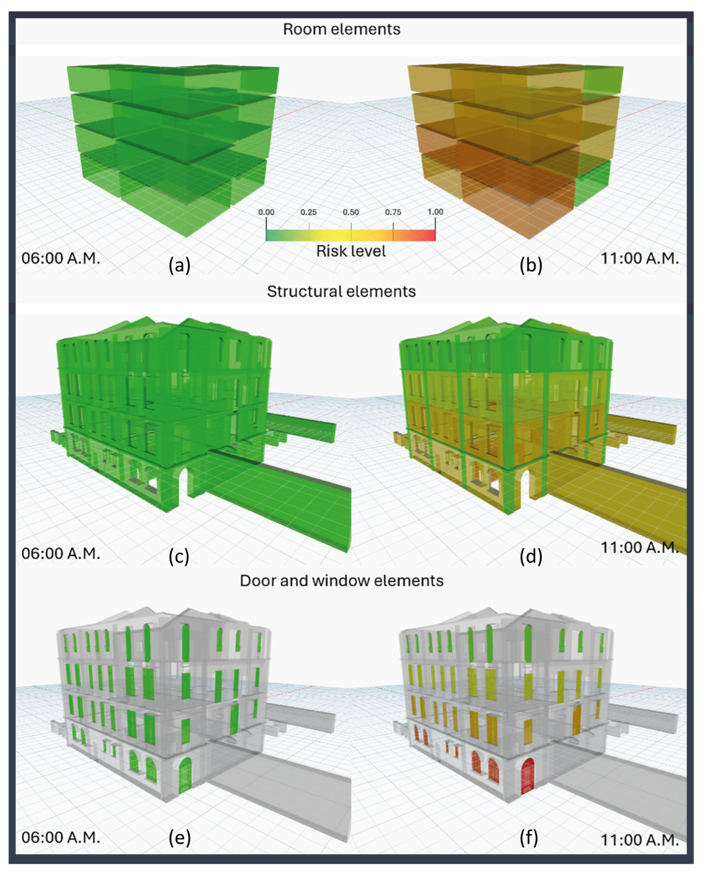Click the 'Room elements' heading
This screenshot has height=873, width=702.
[341, 29]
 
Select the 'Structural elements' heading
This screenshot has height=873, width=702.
[341, 292]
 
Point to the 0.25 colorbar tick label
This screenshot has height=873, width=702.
[308, 212]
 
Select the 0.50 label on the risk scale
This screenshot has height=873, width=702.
[351, 212]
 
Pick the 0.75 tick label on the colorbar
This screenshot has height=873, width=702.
[393, 212]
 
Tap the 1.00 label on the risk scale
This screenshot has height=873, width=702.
[435, 212]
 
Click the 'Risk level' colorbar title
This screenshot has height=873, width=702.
[351, 251]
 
